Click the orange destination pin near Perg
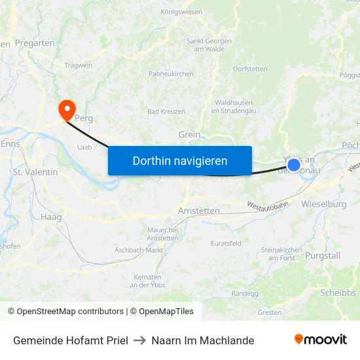tap(67, 109)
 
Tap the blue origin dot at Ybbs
tap(294, 165)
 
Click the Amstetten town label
tap(199, 211)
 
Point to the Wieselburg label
tap(323, 204)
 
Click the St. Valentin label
tap(35, 172)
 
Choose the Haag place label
tap(50, 217)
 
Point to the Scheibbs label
tap(338, 293)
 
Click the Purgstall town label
tap(323, 255)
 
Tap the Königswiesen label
tap(181, 12)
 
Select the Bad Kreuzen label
tap(166, 112)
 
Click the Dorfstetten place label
tap(250, 69)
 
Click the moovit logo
tap(320, 340)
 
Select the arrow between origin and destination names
tap(139, 340)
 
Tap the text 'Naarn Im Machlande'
tap(202, 340)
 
